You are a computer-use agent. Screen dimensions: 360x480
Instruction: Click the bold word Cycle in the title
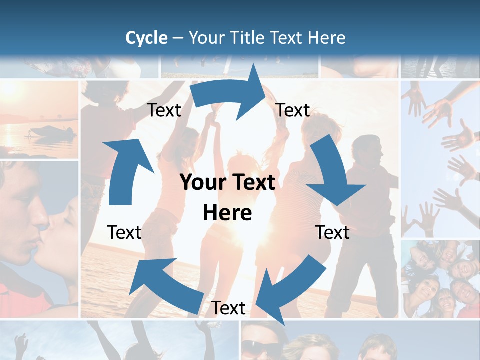pyautogui.click(x=146, y=38)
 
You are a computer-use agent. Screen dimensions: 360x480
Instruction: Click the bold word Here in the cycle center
pyautogui.click(x=227, y=213)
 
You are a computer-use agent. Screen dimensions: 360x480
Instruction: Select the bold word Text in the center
pyautogui.click(x=254, y=183)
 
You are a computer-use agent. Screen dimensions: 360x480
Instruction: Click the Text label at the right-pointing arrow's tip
pyautogui.click(x=293, y=110)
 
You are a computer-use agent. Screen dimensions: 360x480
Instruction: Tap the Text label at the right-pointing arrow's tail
pyautogui.click(x=164, y=110)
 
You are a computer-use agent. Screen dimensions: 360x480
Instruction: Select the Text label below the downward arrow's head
pyautogui.click(x=332, y=232)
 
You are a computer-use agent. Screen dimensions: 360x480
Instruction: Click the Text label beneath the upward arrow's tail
pyautogui.click(x=124, y=232)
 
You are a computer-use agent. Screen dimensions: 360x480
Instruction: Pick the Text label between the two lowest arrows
pyautogui.click(x=228, y=308)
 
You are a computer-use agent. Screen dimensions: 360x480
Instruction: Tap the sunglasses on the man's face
pyautogui.click(x=262, y=347)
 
